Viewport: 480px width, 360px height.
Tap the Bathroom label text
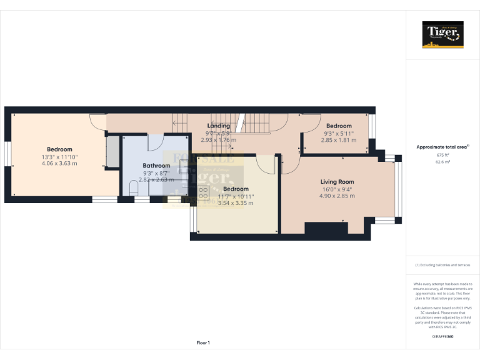pos(156,166)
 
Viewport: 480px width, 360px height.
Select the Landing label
pos(218,126)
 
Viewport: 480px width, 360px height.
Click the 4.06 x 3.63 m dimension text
pos(59,164)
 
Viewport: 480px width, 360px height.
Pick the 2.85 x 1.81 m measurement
pos(338,140)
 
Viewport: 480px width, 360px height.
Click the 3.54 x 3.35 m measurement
pos(236,203)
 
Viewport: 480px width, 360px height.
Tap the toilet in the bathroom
pos(132,189)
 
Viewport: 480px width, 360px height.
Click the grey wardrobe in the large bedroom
pos(112,151)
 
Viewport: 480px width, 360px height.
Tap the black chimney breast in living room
pos(326,228)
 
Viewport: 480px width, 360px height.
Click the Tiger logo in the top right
pos(443,34)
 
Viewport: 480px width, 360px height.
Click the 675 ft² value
pos(443,154)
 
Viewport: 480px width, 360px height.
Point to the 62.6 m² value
pos(443,161)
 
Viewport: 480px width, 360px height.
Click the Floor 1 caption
pos(203,342)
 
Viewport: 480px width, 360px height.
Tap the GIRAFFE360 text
pos(442,337)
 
